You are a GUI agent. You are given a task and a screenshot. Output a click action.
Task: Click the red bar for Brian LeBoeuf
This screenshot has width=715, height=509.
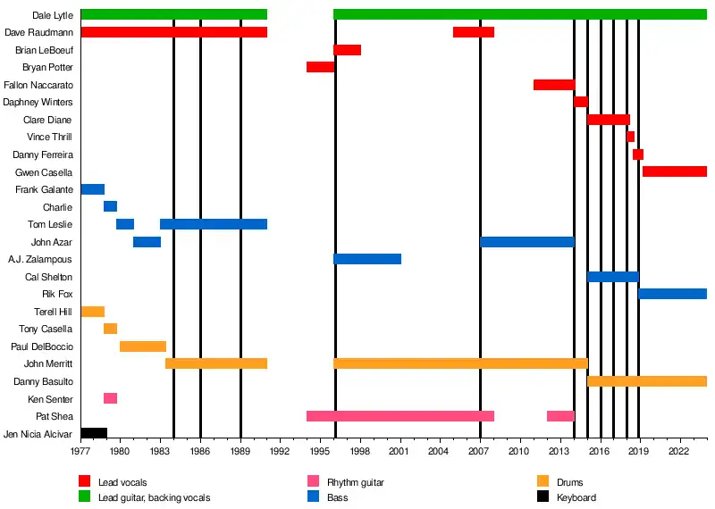point(347,50)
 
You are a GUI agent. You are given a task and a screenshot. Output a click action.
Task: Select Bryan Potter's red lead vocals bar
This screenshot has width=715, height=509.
point(320,67)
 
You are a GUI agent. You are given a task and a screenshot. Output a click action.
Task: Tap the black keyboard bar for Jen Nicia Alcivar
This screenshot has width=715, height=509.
point(94,434)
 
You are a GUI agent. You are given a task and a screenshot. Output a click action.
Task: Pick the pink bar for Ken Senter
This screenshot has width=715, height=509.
point(110,398)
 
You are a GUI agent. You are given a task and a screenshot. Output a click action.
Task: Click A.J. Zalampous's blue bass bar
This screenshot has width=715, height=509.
point(367,259)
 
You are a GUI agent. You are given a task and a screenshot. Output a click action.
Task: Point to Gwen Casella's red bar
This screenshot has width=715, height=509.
point(675,171)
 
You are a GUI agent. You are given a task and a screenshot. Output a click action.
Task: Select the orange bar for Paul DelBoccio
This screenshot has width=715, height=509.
point(143,346)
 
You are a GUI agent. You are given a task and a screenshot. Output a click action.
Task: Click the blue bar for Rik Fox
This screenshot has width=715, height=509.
point(672,294)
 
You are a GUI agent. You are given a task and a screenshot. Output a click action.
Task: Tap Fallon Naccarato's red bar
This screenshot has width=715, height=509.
point(554,85)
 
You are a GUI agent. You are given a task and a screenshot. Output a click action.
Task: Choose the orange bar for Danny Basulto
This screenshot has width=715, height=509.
point(647,381)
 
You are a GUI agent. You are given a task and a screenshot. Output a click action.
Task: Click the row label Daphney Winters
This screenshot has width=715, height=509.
point(38,102)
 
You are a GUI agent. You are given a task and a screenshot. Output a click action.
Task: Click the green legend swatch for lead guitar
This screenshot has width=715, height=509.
point(85,497)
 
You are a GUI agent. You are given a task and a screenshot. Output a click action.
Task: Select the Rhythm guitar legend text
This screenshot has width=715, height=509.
point(355,483)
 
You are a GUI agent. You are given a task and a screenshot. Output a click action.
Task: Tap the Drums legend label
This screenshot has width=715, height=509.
point(569,483)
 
